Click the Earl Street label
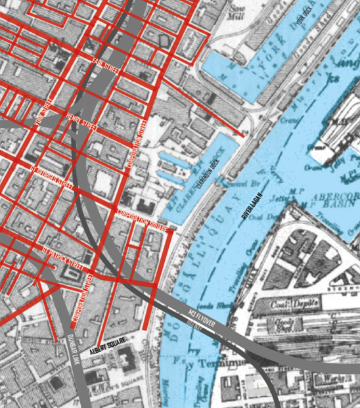(x=105, y=64)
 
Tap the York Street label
(x=43, y=113)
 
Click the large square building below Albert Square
(x=124, y=360)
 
